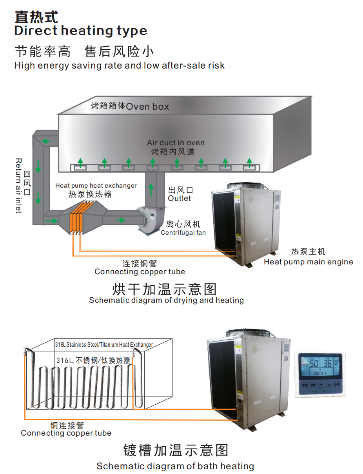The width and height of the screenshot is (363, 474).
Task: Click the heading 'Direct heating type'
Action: point(81,31)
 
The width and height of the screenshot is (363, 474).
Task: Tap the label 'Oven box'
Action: point(147,106)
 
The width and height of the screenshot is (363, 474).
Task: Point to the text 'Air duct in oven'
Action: point(176,143)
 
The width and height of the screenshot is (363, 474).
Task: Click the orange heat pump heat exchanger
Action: point(77,218)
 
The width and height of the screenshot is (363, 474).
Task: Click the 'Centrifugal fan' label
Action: point(183,232)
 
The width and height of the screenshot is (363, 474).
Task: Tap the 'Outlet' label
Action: point(179,198)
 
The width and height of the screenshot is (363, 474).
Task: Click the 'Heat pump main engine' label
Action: point(308,262)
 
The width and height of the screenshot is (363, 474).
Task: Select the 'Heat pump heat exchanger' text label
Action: point(96,185)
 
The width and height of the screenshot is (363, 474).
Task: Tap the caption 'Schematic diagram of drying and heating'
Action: point(166,300)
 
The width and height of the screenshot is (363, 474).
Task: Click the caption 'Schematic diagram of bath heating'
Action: point(175,466)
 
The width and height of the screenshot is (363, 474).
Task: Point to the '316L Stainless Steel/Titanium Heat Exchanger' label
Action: point(104,345)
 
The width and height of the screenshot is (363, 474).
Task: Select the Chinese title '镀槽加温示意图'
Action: point(175,450)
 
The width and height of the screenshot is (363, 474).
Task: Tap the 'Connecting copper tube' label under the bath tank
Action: point(66,433)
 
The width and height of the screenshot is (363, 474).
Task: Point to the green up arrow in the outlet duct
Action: point(152,191)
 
